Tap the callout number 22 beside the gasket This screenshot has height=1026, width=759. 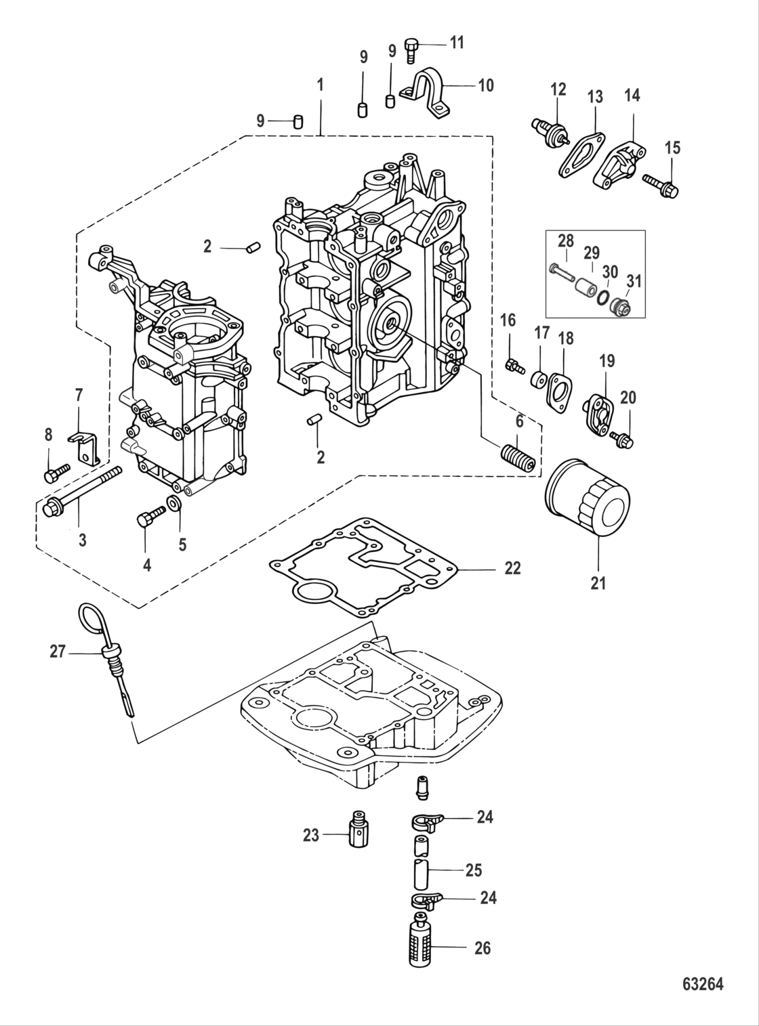point(512,568)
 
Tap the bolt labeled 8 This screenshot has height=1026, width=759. point(56,471)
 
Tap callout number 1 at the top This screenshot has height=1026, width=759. point(320,85)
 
